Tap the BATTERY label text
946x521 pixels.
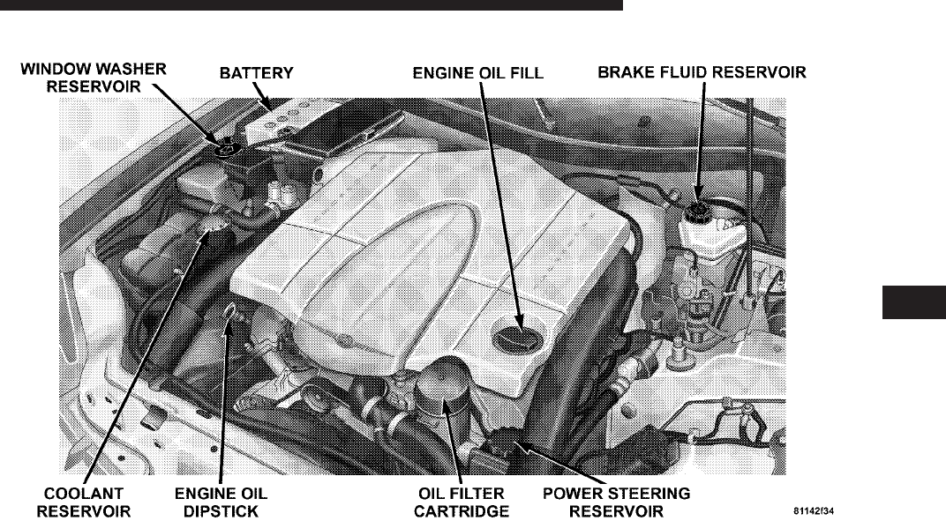tap(256, 74)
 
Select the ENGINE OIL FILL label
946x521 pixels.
tap(478, 74)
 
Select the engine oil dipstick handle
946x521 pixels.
tap(230, 311)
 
